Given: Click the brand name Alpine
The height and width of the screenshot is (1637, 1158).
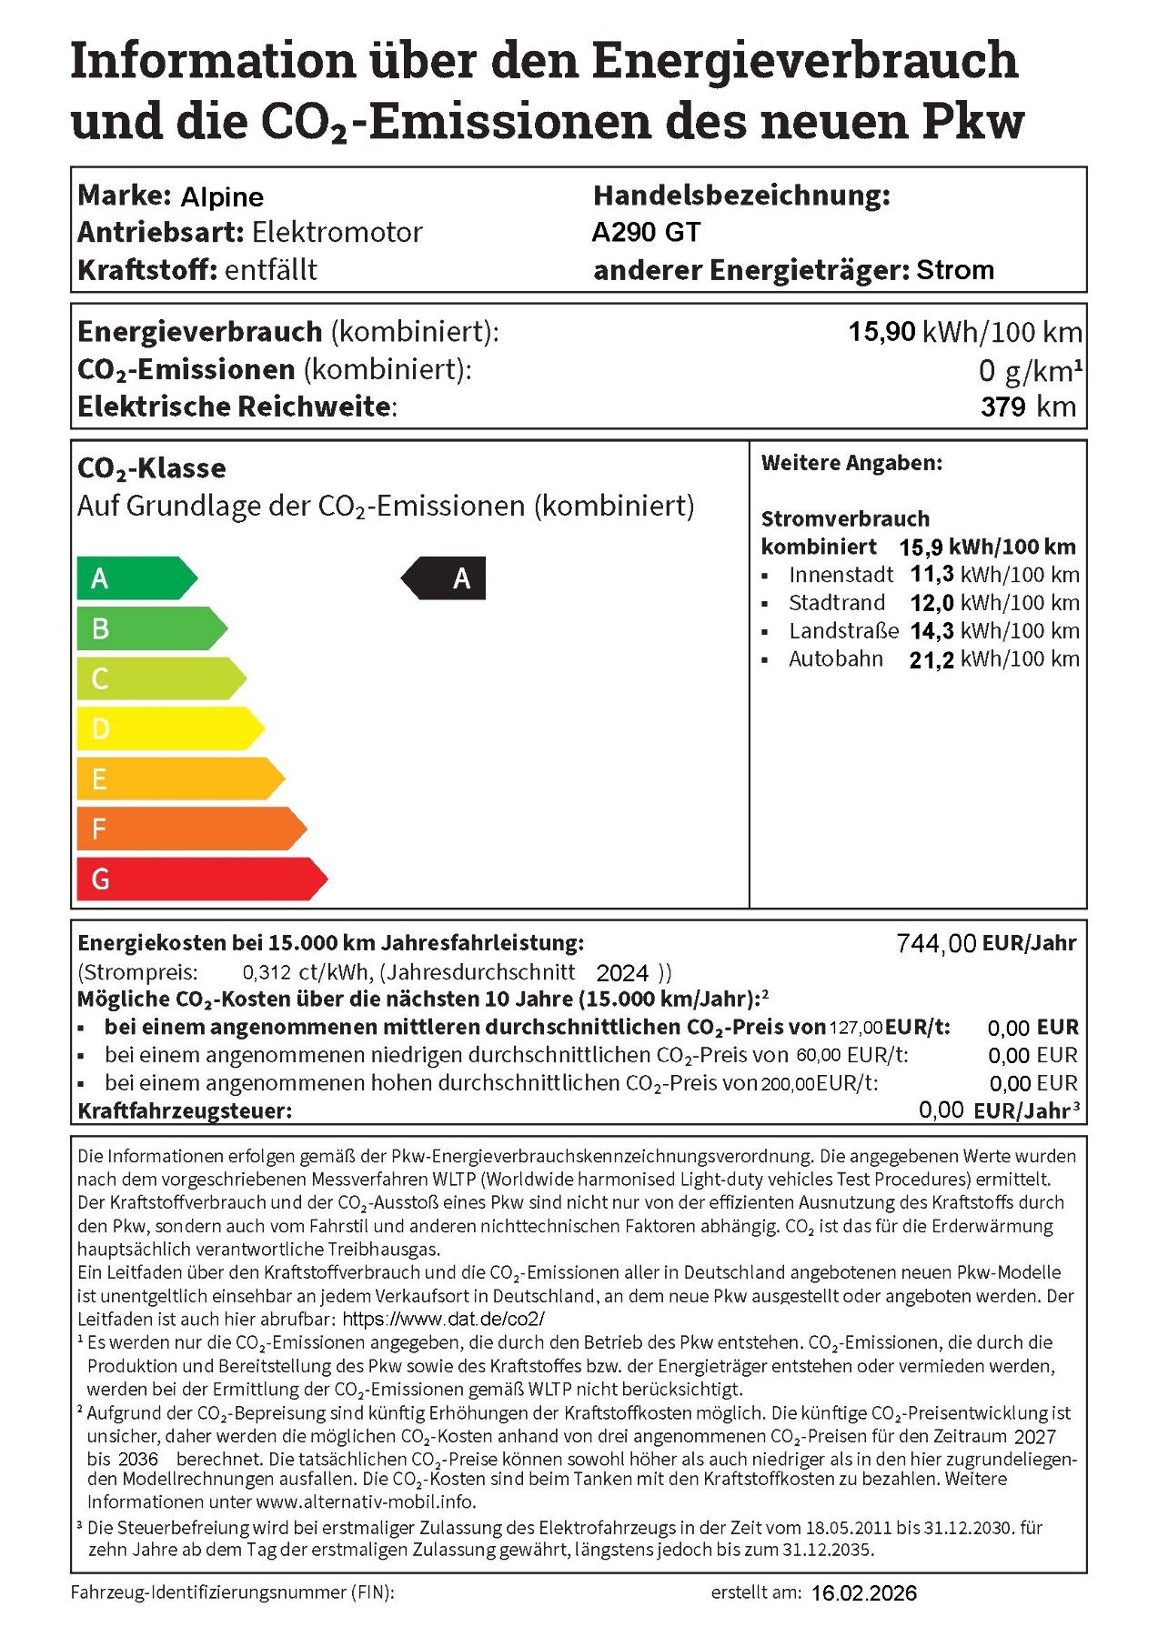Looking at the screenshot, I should click(222, 196).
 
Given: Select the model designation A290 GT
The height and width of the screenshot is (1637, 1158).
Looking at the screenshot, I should click(646, 233).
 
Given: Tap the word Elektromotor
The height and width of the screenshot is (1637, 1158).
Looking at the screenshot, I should click(337, 233).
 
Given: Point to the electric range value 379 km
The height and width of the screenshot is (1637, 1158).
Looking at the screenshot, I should click(1028, 407).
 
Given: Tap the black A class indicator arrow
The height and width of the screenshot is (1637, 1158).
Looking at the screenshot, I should click(445, 578).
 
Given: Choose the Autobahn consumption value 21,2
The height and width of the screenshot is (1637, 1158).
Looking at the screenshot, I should click(931, 660).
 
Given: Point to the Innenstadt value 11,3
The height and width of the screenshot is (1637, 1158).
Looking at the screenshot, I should click(931, 575).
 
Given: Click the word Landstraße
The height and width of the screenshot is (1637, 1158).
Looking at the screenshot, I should click(843, 631).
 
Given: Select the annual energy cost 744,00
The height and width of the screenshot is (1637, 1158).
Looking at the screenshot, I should click(936, 944).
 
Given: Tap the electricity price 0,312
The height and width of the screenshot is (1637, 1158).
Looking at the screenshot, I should click(267, 973).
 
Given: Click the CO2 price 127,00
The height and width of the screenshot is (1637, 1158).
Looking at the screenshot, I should click(855, 1028).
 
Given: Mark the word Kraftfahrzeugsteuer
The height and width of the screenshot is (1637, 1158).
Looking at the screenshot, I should click(185, 1110).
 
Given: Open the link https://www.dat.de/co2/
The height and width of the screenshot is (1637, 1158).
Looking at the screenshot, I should click(443, 1319).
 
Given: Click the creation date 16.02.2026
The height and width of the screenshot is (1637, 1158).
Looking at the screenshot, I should click(863, 1593).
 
